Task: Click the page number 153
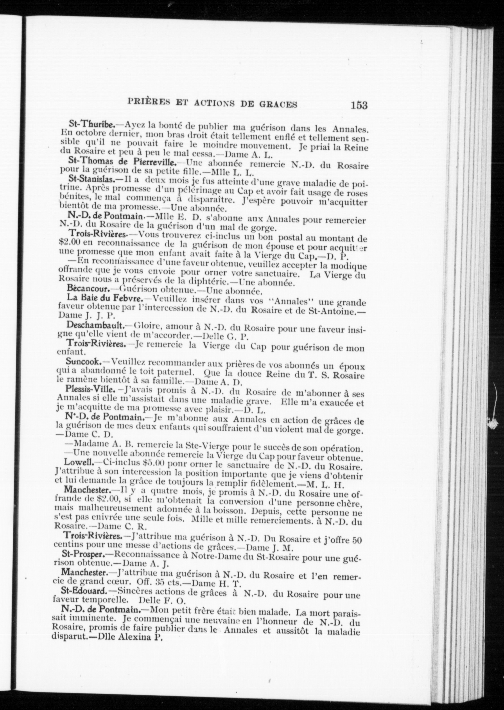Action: (359, 105)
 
